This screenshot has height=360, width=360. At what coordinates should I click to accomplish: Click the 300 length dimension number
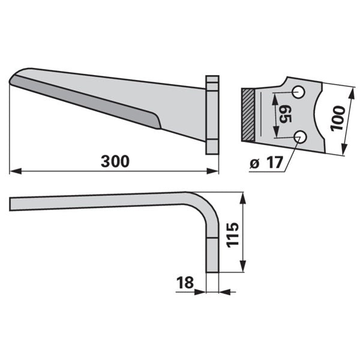point(115,161)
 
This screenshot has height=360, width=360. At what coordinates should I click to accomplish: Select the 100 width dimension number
point(337,118)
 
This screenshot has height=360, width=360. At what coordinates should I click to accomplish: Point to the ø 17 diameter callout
point(266,163)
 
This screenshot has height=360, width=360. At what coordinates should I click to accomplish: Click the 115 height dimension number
point(233,235)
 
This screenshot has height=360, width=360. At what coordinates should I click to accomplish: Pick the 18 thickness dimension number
point(185,283)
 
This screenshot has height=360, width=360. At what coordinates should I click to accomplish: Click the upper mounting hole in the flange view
point(298,92)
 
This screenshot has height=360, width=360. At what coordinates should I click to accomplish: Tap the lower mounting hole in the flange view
point(301,137)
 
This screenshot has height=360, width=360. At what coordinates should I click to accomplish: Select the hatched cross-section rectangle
point(248,115)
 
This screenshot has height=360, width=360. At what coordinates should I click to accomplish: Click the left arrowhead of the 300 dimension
point(16,171)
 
